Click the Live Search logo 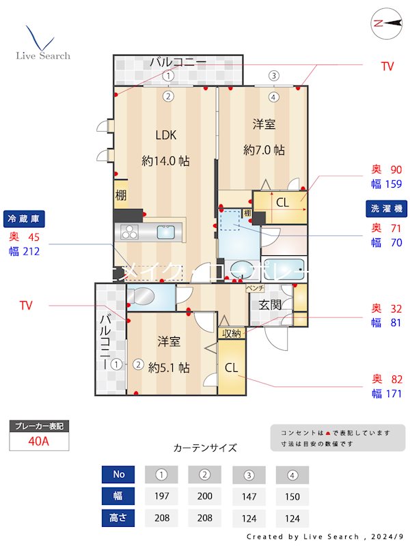(42, 44)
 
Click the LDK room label (165, 134)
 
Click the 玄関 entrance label (270, 304)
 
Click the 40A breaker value (39, 441)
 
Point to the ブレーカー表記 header (39, 427)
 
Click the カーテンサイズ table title (205, 448)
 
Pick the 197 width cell (161, 496)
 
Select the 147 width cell (249, 496)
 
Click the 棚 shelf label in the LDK (120, 195)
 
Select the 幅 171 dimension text (386, 394)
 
